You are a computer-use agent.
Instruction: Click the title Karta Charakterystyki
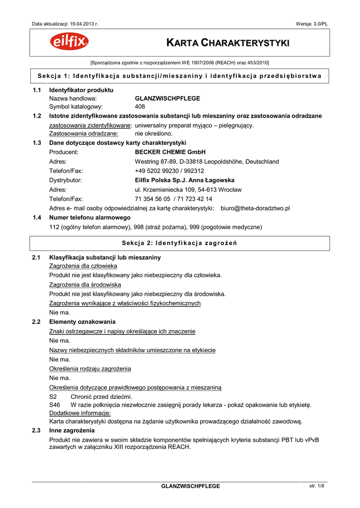pyautogui.click(x=227, y=44)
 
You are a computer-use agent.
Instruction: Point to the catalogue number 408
pyautogui.click(x=140, y=107)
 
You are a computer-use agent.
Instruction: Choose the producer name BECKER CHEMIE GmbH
pyautogui.click(x=170, y=152)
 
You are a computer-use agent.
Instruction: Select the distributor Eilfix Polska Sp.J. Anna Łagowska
pyautogui.click(x=185, y=180)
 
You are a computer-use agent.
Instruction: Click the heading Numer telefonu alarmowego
pyautogui.click(x=89, y=218)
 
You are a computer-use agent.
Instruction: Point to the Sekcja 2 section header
pyautogui.click(x=179, y=243)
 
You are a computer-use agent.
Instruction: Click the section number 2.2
pyautogui.click(x=36, y=322)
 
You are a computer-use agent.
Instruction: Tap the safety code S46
pyautogui.click(x=54, y=405)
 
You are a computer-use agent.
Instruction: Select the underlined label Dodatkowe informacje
pyautogui.click(x=80, y=413)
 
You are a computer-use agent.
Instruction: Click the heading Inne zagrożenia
pyautogui.click(x=72, y=431)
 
